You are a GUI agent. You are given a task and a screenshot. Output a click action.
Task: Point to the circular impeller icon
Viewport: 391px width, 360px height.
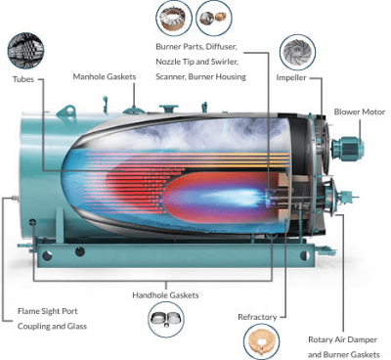tap(296, 49)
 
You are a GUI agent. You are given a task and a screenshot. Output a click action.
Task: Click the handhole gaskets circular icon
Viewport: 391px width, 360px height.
tap(163, 317)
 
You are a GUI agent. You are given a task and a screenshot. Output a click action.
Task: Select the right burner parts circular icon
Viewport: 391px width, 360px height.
tap(211, 17)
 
